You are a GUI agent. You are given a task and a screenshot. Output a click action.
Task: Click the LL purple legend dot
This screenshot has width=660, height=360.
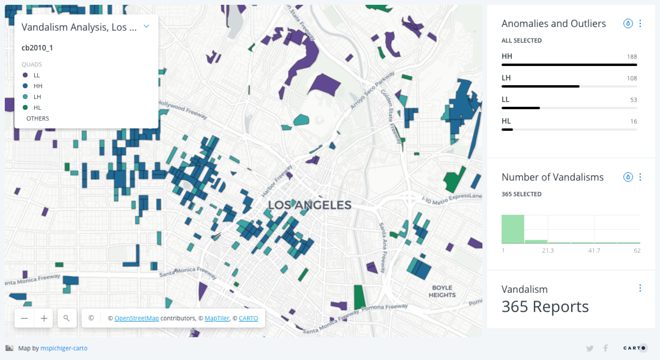tap(25, 75)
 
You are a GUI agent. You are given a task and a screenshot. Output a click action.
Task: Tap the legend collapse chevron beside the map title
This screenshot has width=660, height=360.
tap(146, 26)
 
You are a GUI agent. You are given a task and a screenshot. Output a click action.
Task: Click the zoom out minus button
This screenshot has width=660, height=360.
tap(24, 318)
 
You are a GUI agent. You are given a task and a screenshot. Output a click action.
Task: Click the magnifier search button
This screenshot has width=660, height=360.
tap(67, 318)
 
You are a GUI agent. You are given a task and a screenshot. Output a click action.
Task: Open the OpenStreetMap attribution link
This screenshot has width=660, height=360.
tap(136, 318)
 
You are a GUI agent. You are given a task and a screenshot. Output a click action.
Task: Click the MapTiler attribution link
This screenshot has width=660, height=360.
tap(217, 318)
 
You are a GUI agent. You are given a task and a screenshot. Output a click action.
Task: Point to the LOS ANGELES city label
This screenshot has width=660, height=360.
tap(309, 205)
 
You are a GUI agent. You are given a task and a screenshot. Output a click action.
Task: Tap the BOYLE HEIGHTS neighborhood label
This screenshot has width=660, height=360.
tap(442, 291)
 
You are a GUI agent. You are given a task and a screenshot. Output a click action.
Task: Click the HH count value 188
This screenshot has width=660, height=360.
tap(632, 57)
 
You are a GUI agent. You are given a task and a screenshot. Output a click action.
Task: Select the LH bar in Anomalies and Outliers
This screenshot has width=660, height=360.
tap(540, 86)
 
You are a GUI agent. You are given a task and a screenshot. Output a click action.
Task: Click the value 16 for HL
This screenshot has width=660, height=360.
tap(633, 121)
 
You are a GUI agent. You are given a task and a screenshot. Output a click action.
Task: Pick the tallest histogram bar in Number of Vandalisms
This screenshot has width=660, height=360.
tap(513, 229)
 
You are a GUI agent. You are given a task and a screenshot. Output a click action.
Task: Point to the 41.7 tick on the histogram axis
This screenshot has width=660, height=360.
tap(594, 250)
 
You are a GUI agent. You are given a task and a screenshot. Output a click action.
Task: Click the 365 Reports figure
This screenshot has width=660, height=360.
tap(545, 307)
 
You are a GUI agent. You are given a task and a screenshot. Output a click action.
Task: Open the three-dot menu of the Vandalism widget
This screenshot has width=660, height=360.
tap(640, 288)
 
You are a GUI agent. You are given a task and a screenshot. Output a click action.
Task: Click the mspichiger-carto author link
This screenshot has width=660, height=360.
tap(64, 348)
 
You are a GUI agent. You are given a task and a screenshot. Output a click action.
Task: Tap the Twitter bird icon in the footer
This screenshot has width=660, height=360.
tap(589, 348)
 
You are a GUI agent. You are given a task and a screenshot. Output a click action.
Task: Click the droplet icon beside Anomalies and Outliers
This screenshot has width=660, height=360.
tap(628, 23)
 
